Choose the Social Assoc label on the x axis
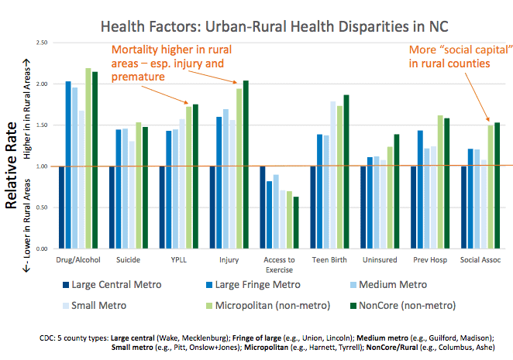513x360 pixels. tap(472, 259)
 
